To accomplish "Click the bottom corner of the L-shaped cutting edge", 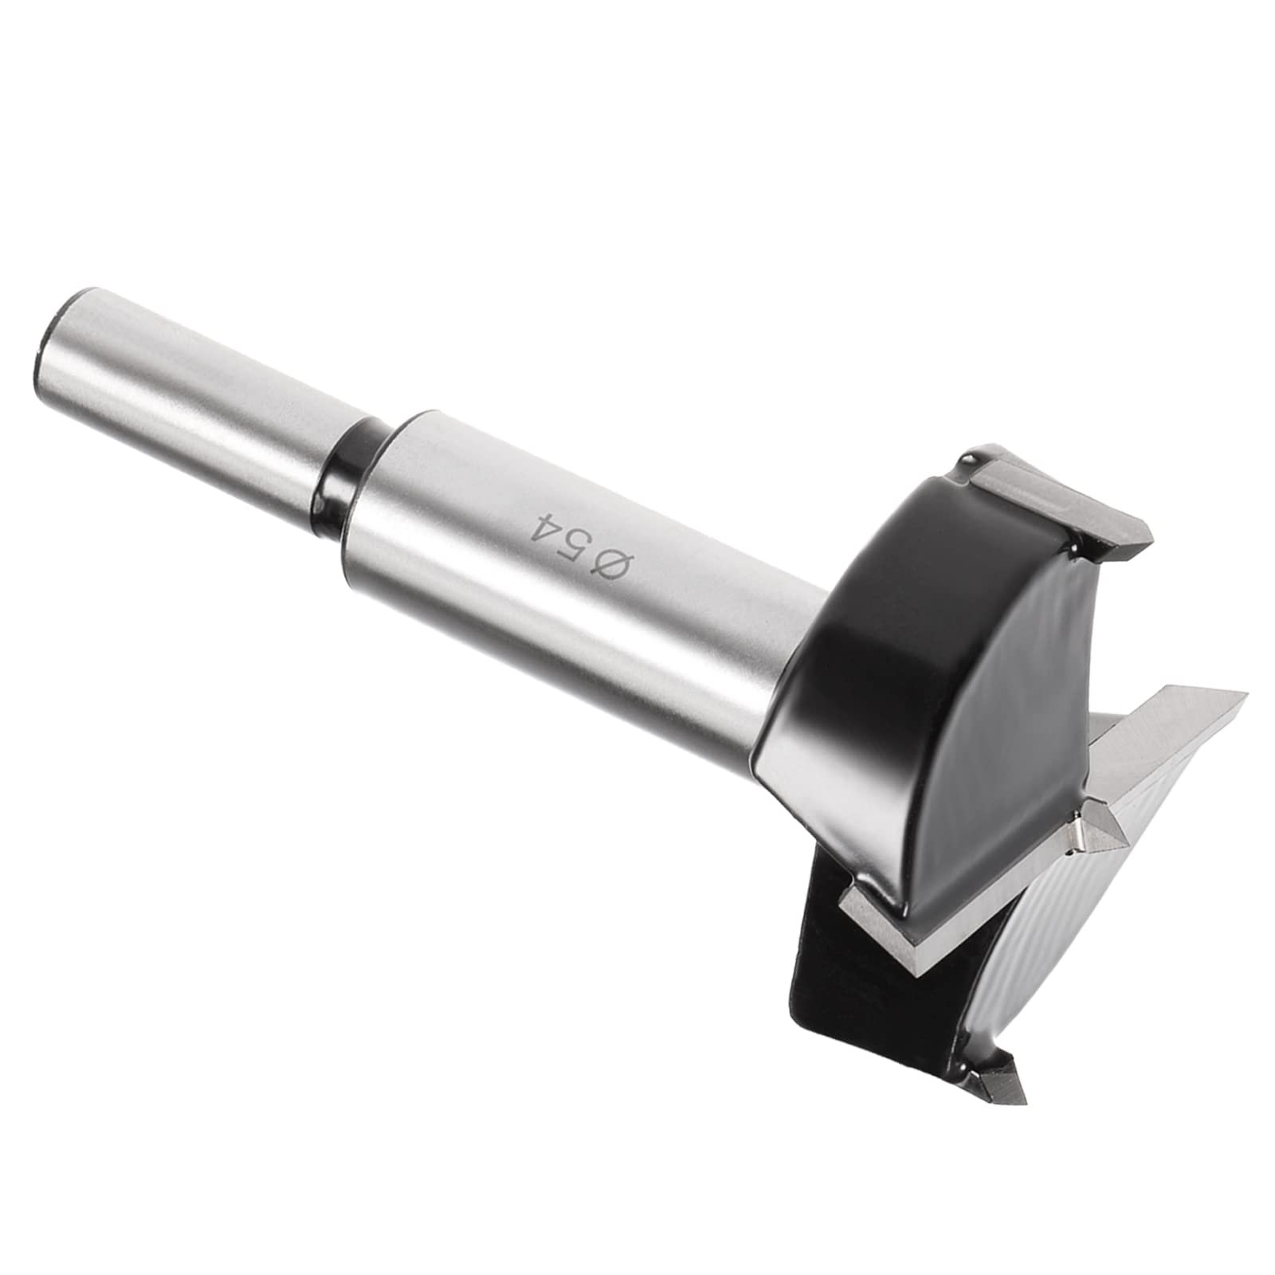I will pyautogui.click(x=916, y=968).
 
